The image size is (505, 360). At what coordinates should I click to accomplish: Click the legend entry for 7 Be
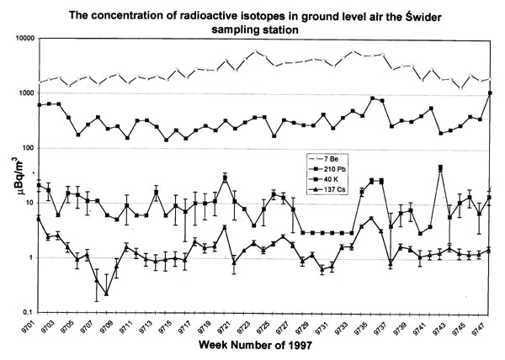tap(324, 159)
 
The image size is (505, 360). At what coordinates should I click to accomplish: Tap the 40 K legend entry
tap(324, 179)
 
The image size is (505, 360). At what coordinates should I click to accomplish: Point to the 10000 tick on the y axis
tap(25, 39)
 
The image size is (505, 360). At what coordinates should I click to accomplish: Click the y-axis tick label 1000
tap(27, 93)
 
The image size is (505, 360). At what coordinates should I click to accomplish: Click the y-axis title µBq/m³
tap(14, 175)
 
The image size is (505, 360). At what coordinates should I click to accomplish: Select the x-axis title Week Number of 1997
tap(255, 346)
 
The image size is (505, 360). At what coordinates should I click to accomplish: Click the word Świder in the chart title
tap(422, 16)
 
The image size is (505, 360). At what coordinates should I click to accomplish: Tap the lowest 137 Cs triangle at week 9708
tap(107, 294)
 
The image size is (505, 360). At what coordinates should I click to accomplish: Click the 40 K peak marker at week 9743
tap(440, 167)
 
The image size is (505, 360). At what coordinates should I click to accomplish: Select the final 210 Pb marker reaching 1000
tap(490, 93)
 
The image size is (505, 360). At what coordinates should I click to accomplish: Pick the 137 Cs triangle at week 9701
tap(39, 219)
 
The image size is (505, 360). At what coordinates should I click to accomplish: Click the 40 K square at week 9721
tap(225, 177)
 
